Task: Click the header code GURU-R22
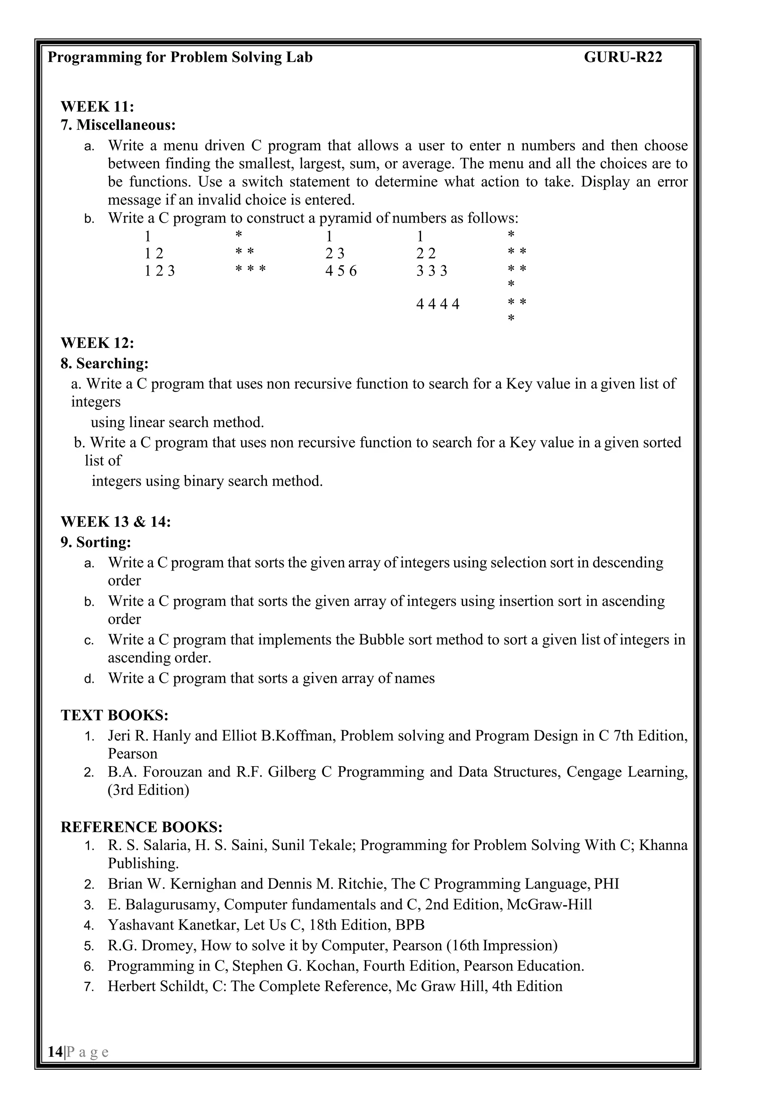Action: click(x=623, y=57)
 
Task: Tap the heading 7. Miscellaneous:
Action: click(x=118, y=125)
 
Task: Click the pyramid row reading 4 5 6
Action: click(x=341, y=271)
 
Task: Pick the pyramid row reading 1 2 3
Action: click(x=159, y=271)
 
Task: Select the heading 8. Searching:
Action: click(x=105, y=363)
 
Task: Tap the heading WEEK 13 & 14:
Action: click(x=116, y=522)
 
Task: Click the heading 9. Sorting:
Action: click(x=96, y=542)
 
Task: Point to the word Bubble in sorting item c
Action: click(x=379, y=640)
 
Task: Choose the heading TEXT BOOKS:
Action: click(x=114, y=715)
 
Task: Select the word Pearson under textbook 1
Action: click(x=133, y=754)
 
